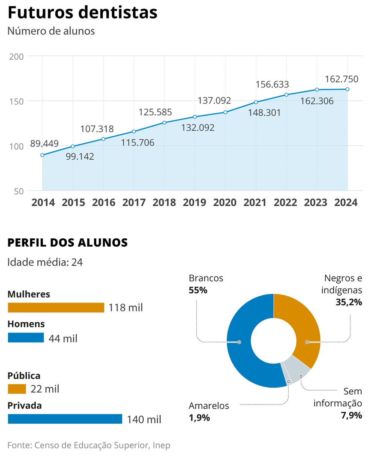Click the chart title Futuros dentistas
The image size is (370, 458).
tap(82, 12)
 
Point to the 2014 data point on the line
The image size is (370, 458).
tap(42, 155)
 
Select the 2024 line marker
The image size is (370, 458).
tap(347, 89)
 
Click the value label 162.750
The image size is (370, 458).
tap(341, 79)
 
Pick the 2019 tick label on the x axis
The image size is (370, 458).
tap(194, 203)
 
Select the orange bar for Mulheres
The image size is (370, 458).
tap(56, 308)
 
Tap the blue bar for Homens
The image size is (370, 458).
tap(26, 337)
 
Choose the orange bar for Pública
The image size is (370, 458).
tap(17, 389)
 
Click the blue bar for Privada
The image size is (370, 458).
tap(65, 419)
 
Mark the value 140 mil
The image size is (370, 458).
tap(144, 419)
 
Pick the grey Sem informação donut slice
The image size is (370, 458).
tap(297, 369)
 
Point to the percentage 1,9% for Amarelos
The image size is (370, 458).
tap(199, 418)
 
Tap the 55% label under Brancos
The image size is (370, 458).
tap(198, 290)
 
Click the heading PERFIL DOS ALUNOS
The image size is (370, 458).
tap(68, 243)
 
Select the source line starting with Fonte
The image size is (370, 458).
tap(89, 445)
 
